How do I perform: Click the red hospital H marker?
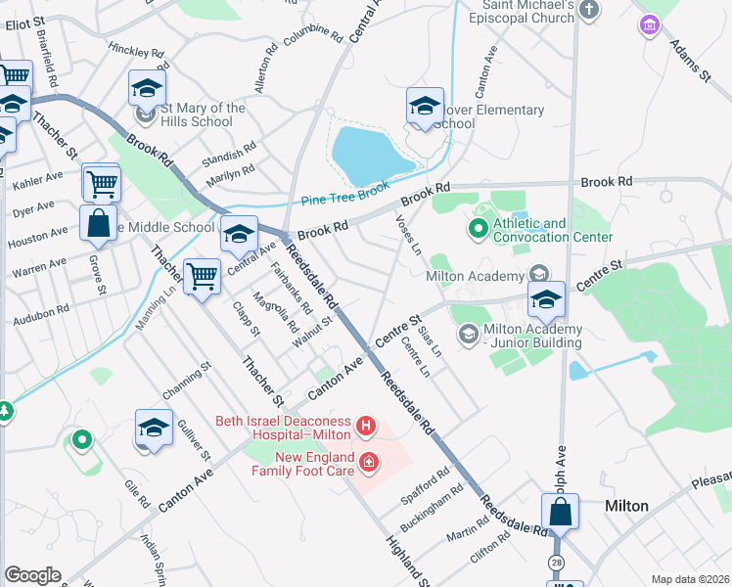366,426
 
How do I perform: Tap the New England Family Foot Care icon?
368,462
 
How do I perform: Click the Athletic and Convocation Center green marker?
478,230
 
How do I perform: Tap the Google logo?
32,575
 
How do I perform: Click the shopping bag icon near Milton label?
562,512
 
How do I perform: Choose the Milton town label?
626,506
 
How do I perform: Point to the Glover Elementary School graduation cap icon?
425,106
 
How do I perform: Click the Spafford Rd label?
425,485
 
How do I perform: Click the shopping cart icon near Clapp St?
202,277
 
